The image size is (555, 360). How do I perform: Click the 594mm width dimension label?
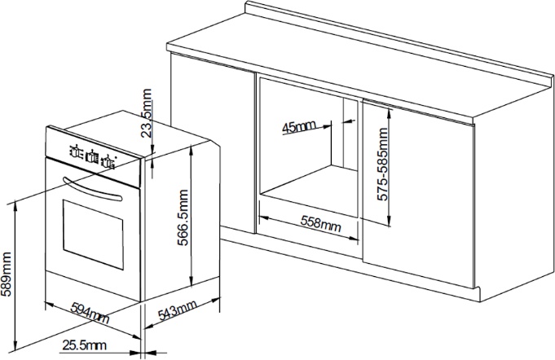[90, 313]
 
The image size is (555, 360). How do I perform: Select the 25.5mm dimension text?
[84, 345]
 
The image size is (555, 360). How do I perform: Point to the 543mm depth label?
[177, 310]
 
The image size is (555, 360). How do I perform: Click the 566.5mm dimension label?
[183, 217]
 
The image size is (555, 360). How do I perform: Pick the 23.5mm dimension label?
[146, 113]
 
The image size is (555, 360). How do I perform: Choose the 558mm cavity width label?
[321, 223]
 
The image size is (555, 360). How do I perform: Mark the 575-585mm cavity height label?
[382, 164]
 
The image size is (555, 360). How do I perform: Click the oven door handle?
[92, 190]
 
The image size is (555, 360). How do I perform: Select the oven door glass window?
[93, 235]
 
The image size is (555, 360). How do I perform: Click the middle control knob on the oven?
[92, 156]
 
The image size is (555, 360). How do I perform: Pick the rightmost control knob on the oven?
[108, 162]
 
